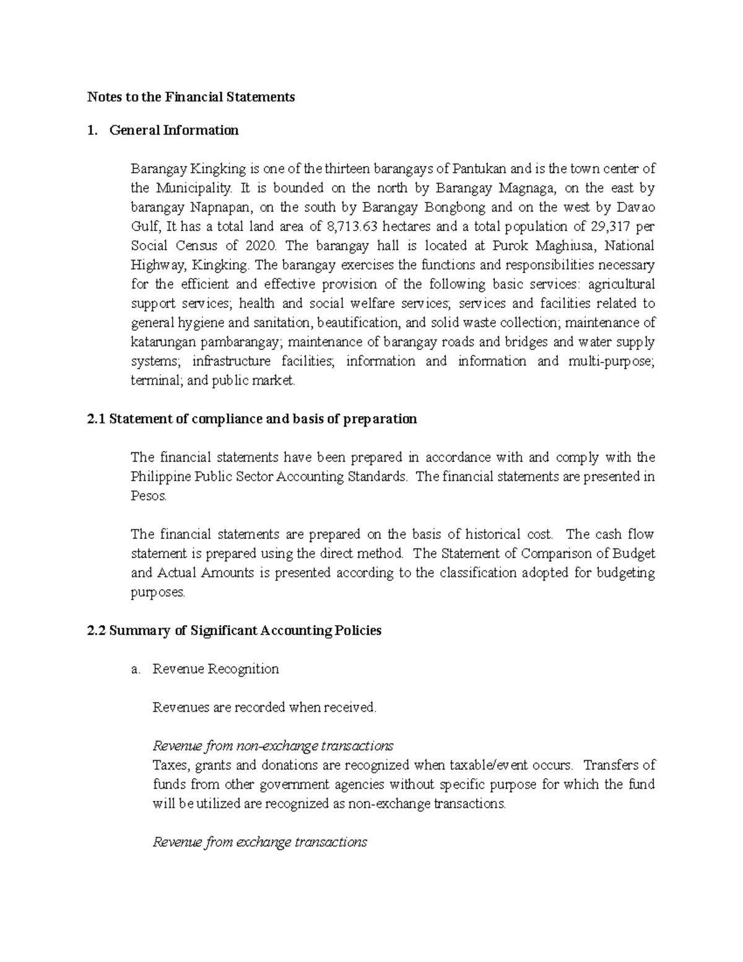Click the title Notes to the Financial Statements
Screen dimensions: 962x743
[x=191, y=97]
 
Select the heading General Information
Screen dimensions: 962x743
[x=173, y=130]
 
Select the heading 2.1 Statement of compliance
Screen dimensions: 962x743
[x=252, y=419]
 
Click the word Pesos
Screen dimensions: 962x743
[x=149, y=496]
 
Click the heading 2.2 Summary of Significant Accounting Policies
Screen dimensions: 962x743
[x=235, y=631]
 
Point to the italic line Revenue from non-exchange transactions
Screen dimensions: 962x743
[x=273, y=745]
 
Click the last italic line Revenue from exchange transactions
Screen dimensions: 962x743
[x=260, y=842]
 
